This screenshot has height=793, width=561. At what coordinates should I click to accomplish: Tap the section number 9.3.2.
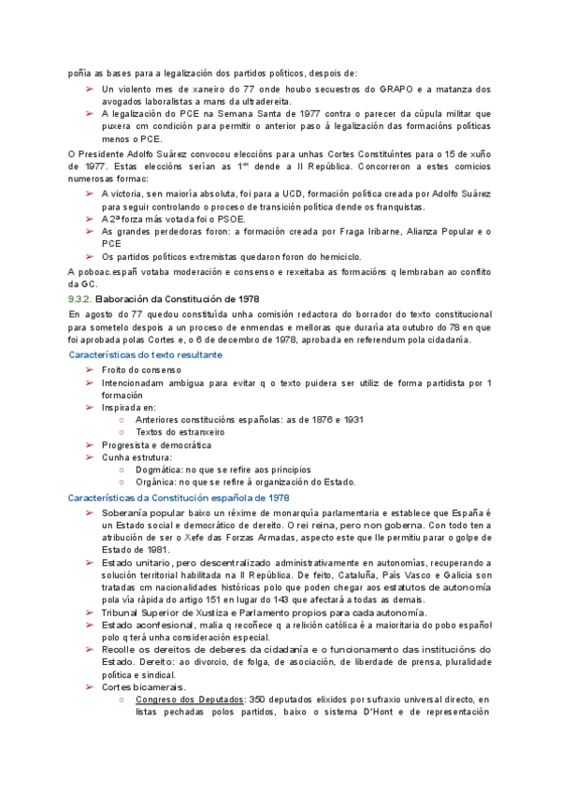tap(80, 298)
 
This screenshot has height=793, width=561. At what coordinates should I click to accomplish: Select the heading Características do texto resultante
tap(146, 355)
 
